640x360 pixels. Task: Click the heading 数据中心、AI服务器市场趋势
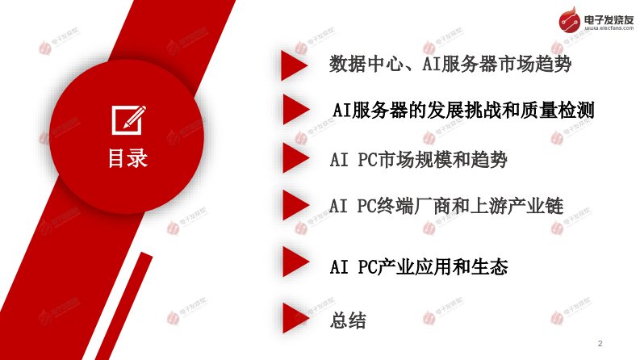[x=450, y=64]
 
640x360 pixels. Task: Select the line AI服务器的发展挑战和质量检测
[x=463, y=111]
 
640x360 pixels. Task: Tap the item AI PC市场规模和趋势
[x=418, y=159]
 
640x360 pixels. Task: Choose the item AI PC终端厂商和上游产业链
[x=446, y=206]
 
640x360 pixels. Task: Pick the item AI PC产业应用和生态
[x=419, y=267]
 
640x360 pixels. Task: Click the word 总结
[x=348, y=320]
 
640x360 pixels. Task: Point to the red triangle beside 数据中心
[x=295, y=65]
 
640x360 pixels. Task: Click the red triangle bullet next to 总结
[x=296, y=318]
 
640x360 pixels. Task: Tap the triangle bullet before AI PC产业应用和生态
[x=296, y=262]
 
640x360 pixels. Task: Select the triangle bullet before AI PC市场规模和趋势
[x=296, y=157]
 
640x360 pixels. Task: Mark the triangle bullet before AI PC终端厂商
[x=296, y=205]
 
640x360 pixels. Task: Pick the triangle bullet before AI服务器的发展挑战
[x=296, y=110]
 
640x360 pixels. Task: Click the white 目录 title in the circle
[x=128, y=158]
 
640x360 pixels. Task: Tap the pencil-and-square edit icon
[x=128, y=119]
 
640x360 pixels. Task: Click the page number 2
[x=600, y=343]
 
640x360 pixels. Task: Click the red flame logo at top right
[x=570, y=19]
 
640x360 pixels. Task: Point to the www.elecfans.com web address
[x=609, y=28]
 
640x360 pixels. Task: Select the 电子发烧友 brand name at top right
[x=609, y=19]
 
